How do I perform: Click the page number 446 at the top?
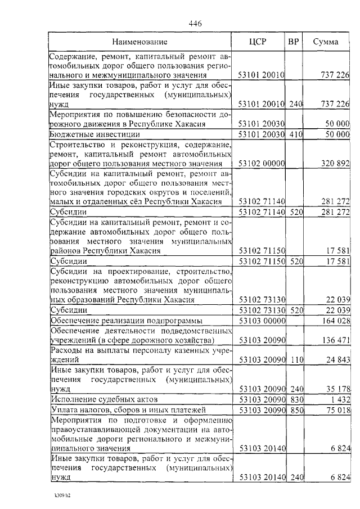pyautogui.click(x=195, y=23)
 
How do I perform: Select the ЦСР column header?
pyautogui.click(x=261, y=42)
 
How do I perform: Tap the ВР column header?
pyautogui.click(x=293, y=42)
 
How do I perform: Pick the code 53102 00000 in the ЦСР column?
pyautogui.click(x=262, y=163)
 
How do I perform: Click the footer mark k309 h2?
pyautogui.click(x=61, y=496)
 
